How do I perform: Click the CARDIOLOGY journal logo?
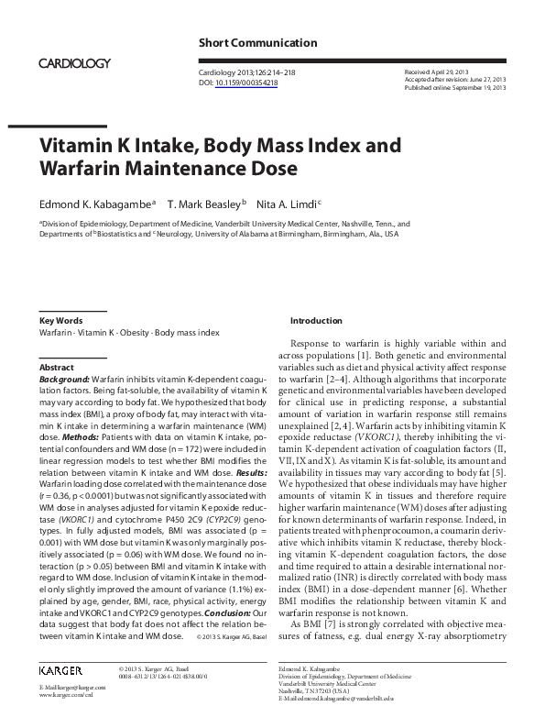click(x=75, y=62)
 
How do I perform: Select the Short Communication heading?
click(x=257, y=42)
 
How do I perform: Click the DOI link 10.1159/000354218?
click(x=246, y=83)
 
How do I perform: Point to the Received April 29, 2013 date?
click(x=436, y=71)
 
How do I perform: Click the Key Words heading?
click(x=61, y=321)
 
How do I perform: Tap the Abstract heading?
click(x=57, y=367)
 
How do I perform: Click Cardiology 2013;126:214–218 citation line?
click(x=245, y=72)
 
